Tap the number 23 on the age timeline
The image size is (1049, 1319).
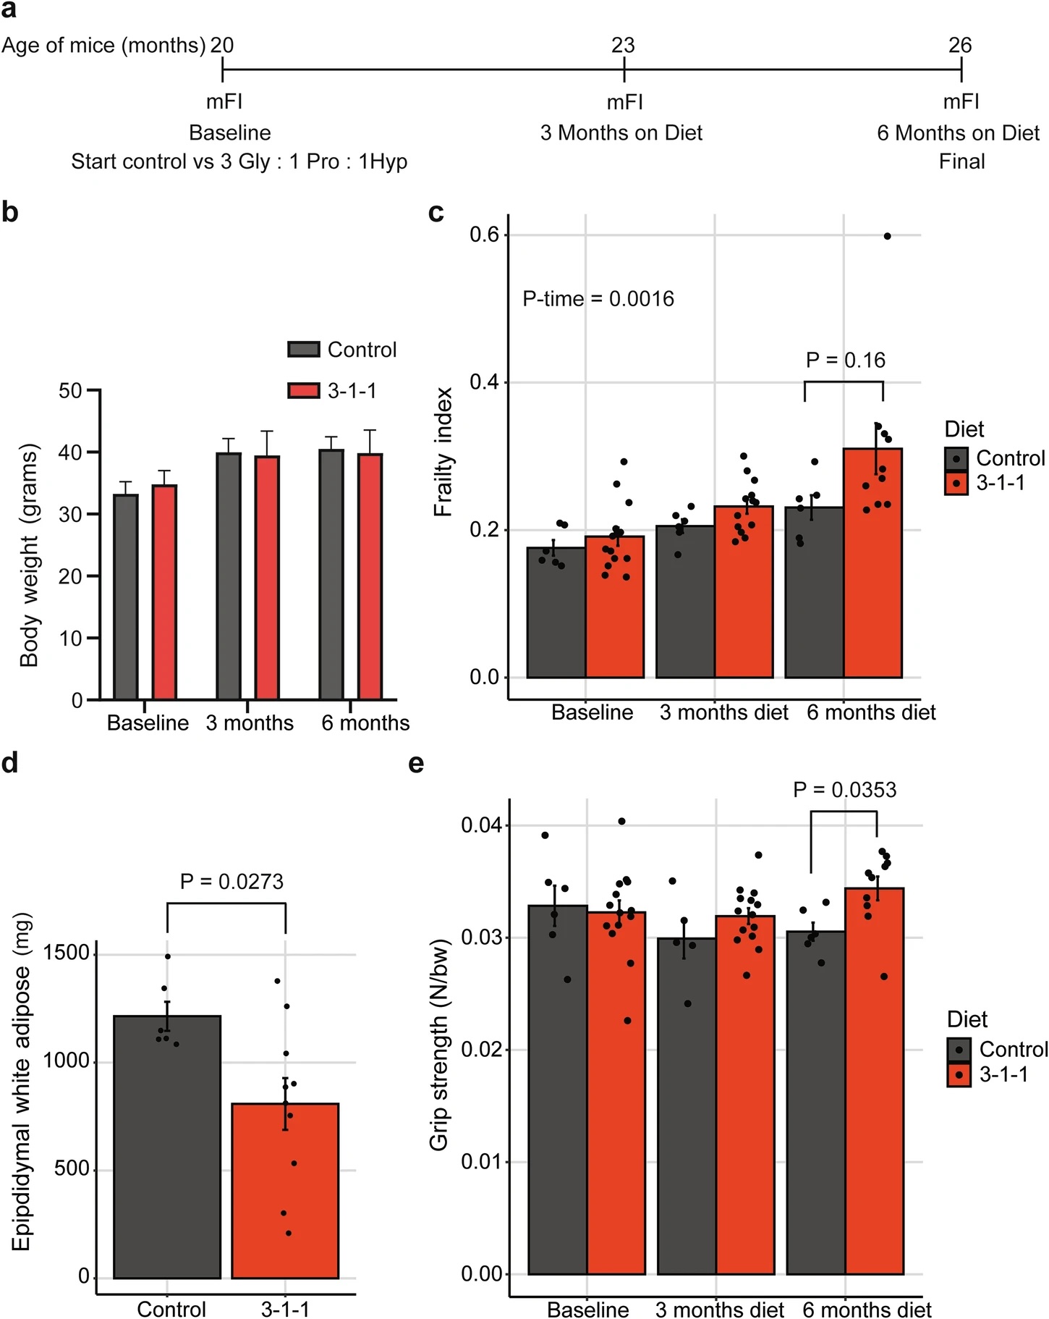(x=623, y=46)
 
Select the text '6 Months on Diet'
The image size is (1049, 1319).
(x=958, y=133)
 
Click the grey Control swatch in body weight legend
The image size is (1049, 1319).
(x=304, y=350)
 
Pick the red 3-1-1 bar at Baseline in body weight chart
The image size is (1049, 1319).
(x=164, y=591)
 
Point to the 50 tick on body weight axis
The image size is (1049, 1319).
(x=70, y=391)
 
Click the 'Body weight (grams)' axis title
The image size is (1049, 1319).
(x=29, y=556)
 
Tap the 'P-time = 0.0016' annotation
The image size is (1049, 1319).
(x=598, y=299)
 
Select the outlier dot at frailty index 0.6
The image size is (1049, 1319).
(x=888, y=236)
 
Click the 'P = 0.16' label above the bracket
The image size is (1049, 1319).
(x=845, y=361)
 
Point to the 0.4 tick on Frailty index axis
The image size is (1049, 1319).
(x=485, y=382)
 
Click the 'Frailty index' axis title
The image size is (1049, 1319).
(x=443, y=452)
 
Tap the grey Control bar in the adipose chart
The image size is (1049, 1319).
(x=167, y=1147)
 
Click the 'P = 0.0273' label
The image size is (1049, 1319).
(x=232, y=882)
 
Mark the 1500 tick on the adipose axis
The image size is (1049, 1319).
(x=66, y=953)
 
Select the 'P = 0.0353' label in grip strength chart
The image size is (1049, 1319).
(x=844, y=790)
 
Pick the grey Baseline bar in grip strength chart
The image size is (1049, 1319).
(x=558, y=1089)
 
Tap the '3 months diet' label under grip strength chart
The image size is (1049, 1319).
(x=720, y=1310)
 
